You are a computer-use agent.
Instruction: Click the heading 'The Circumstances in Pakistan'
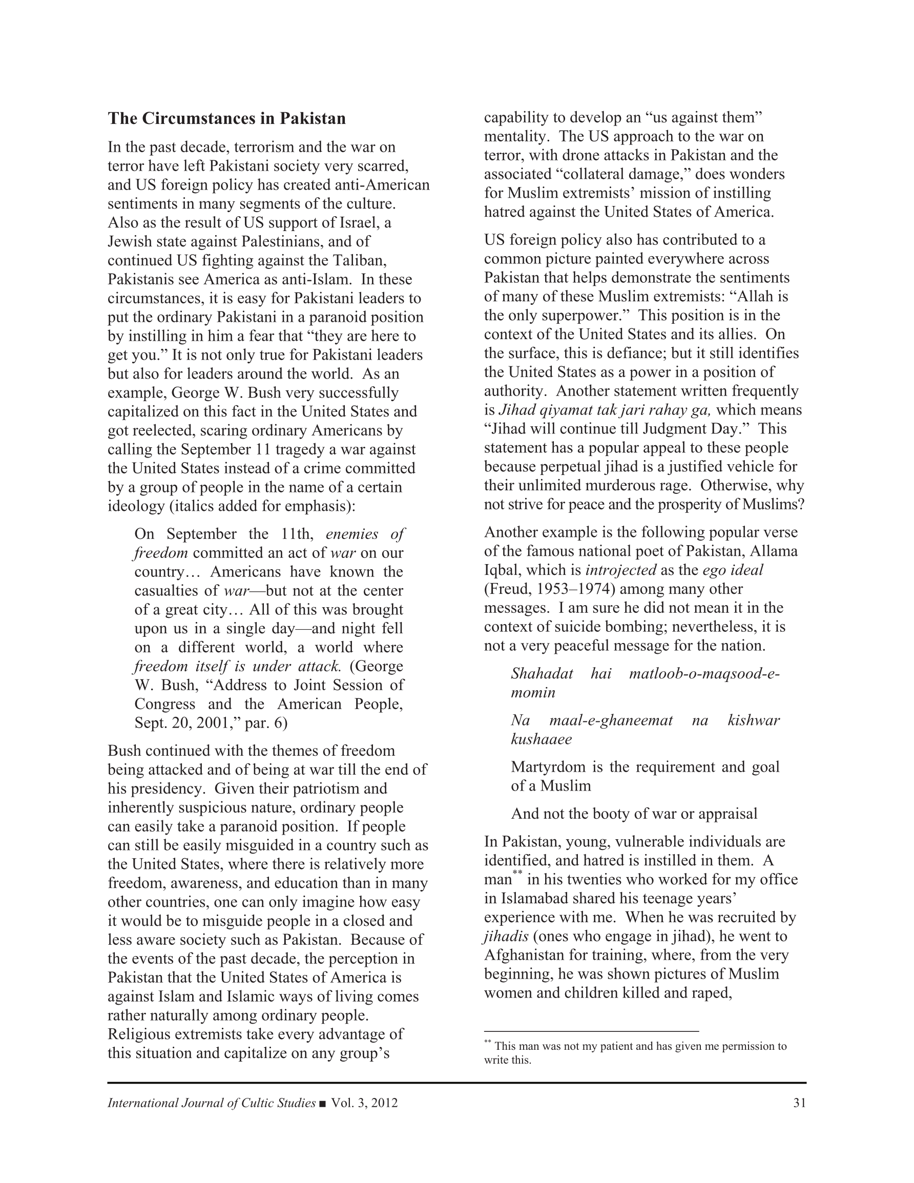tap(226, 119)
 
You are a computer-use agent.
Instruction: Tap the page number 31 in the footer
tap(799, 1103)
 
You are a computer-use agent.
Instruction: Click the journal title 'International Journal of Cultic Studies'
tap(211, 1103)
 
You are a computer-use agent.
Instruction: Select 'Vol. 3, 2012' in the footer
tap(364, 1103)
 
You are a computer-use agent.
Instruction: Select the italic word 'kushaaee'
tap(541, 739)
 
